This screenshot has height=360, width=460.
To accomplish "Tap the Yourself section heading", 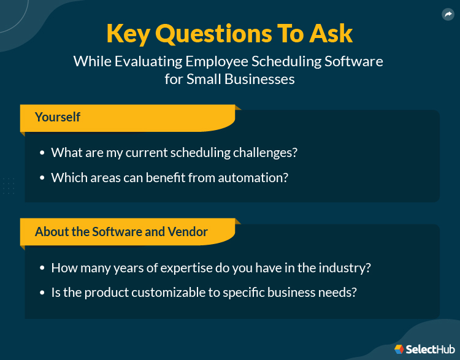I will click(58, 117).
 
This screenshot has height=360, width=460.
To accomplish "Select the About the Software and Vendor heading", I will click(121, 232).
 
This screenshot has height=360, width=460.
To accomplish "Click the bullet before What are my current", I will click(42, 153).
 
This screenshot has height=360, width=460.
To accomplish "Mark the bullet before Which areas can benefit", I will click(42, 178).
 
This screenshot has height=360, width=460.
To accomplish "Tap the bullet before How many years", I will click(42, 268).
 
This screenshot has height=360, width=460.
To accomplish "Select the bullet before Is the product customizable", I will click(42, 293).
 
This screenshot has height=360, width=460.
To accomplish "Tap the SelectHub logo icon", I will click(399, 348).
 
